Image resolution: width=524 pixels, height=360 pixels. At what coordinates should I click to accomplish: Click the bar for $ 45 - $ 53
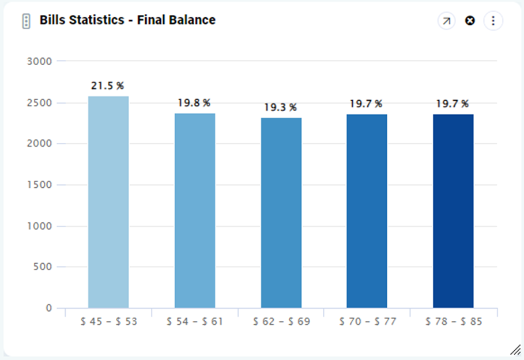click(x=108, y=202)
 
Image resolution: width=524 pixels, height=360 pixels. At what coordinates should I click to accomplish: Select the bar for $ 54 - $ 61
click(x=195, y=210)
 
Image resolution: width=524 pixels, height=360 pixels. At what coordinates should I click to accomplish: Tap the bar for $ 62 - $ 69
click(x=281, y=213)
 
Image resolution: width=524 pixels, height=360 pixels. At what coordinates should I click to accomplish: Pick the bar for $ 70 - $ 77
click(x=367, y=211)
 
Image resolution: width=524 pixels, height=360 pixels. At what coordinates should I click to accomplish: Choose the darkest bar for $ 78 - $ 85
click(x=453, y=211)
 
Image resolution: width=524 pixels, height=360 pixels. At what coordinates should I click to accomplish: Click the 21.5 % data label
click(x=107, y=86)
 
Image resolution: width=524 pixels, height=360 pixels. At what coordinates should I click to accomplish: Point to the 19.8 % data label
click(x=194, y=103)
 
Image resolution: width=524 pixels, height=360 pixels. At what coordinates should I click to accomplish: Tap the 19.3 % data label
click(x=281, y=107)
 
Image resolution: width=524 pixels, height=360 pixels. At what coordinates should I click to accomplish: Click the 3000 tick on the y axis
click(x=39, y=61)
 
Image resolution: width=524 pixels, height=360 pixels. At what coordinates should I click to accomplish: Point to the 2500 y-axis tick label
click(x=39, y=103)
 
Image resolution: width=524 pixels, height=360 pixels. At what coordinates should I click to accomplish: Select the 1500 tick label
click(x=39, y=185)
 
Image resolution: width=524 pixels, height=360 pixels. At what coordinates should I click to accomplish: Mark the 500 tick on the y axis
click(x=42, y=267)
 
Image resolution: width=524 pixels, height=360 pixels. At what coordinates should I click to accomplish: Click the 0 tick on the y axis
click(x=48, y=308)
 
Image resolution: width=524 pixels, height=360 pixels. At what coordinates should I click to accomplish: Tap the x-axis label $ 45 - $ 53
click(x=108, y=321)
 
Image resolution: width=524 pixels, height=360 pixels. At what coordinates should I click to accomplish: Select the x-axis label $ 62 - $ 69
click(x=281, y=321)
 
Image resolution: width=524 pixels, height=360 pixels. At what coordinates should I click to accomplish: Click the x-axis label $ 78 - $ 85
click(x=453, y=321)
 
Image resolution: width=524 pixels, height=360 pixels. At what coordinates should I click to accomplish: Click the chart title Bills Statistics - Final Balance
click(x=127, y=20)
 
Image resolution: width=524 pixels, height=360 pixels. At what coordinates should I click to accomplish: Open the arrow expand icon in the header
click(x=446, y=21)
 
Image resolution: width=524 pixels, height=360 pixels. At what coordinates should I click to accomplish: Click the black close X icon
click(x=470, y=21)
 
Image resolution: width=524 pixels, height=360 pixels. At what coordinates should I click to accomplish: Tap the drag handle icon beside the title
click(x=26, y=21)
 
